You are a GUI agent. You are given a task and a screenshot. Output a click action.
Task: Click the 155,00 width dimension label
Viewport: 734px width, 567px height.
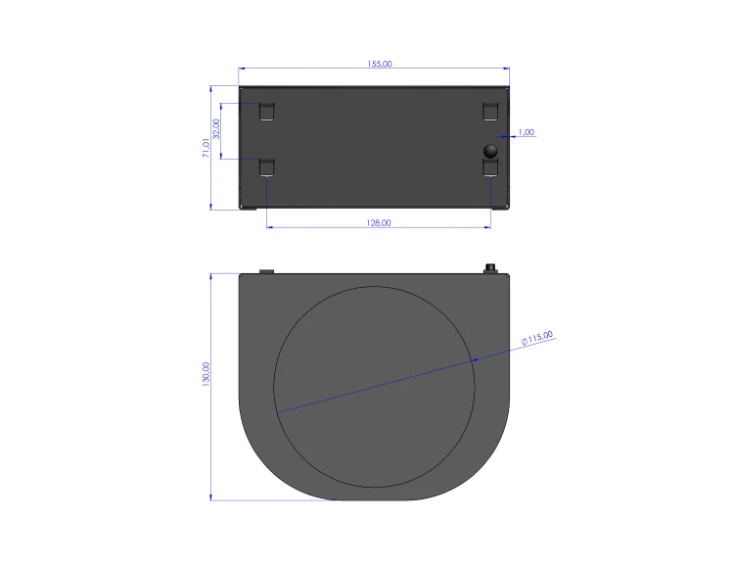tap(380, 64)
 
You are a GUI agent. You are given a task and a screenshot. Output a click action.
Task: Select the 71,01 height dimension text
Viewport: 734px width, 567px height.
tap(206, 148)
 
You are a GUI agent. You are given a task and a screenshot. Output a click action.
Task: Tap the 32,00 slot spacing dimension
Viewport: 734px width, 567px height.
tap(216, 129)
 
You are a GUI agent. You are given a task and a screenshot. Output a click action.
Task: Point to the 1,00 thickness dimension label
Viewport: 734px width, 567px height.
tap(527, 132)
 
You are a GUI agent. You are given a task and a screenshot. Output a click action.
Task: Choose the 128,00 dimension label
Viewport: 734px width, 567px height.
tap(379, 222)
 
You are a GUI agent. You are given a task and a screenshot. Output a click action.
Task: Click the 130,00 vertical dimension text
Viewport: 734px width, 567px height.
tap(206, 374)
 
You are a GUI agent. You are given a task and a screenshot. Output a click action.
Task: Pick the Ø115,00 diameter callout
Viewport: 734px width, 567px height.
tap(537, 338)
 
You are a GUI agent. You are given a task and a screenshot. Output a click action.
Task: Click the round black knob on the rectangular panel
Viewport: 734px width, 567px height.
tap(490, 151)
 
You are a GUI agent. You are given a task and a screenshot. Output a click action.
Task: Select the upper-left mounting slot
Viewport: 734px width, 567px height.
tap(267, 112)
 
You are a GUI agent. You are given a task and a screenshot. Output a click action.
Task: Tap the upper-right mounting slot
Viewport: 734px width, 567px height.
tap(490, 112)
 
